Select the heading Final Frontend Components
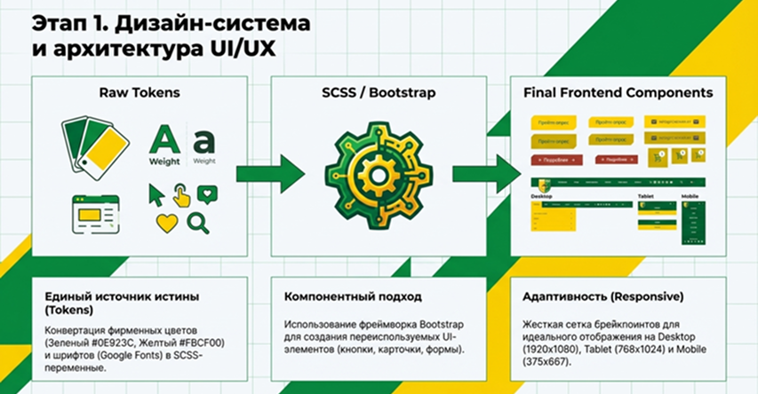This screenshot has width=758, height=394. (618, 92)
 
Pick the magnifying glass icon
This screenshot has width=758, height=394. (198, 222)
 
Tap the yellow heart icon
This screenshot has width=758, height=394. (166, 223)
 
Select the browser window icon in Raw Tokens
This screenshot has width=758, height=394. (97, 213)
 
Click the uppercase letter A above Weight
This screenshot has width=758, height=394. (165, 140)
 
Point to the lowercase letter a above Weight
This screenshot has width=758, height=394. (204, 142)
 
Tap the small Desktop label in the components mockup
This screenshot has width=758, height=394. (541, 195)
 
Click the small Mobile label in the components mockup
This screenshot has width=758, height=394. (690, 195)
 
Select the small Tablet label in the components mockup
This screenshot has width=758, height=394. (645, 195)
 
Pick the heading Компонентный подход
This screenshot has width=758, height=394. (353, 296)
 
